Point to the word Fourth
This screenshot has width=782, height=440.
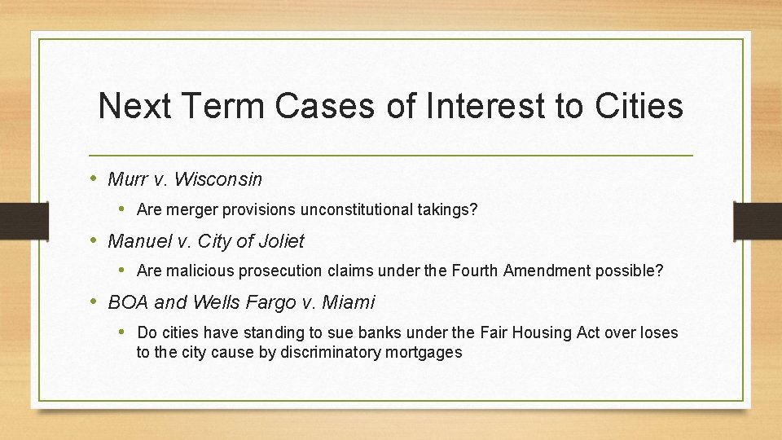[472, 271]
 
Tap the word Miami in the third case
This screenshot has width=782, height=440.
[349, 302]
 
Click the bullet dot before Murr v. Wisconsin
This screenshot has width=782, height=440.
[94, 178]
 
